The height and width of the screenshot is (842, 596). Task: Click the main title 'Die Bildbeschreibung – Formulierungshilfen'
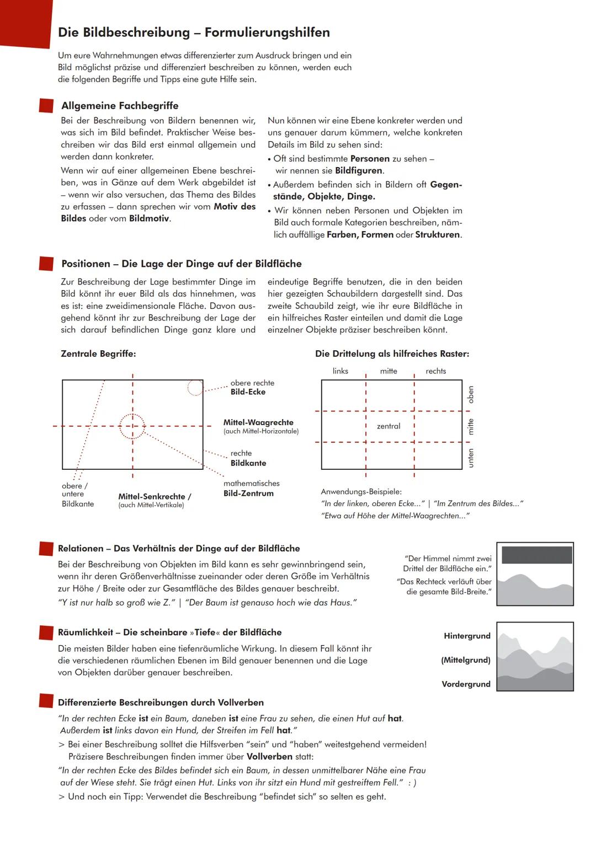(x=194, y=33)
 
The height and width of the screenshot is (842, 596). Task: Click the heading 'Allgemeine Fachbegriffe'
(x=120, y=105)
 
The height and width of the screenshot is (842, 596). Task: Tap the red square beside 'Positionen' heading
(x=46, y=264)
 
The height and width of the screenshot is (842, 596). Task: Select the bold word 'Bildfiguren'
(x=359, y=170)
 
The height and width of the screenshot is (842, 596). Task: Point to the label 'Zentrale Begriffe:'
(x=98, y=353)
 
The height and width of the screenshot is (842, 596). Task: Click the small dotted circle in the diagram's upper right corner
(x=195, y=388)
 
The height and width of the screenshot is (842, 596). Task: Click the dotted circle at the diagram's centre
(x=132, y=426)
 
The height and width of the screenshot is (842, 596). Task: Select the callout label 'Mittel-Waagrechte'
(x=258, y=422)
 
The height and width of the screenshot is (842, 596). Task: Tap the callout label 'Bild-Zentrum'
(x=248, y=493)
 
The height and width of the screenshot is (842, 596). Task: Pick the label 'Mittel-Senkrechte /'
(x=155, y=496)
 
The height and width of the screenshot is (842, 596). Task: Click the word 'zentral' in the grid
(x=389, y=426)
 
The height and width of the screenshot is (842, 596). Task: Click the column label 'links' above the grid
(x=340, y=371)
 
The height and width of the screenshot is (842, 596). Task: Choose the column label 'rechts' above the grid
(x=435, y=371)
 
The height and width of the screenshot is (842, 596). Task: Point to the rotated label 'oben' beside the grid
(x=471, y=394)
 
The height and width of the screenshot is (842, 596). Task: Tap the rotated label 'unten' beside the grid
(x=471, y=458)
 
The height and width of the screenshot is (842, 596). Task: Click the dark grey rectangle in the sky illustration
(x=536, y=555)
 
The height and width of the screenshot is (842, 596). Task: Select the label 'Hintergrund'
(x=467, y=636)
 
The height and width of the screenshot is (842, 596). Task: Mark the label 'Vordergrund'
(x=466, y=684)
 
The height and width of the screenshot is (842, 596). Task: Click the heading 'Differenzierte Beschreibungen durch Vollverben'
(x=161, y=702)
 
